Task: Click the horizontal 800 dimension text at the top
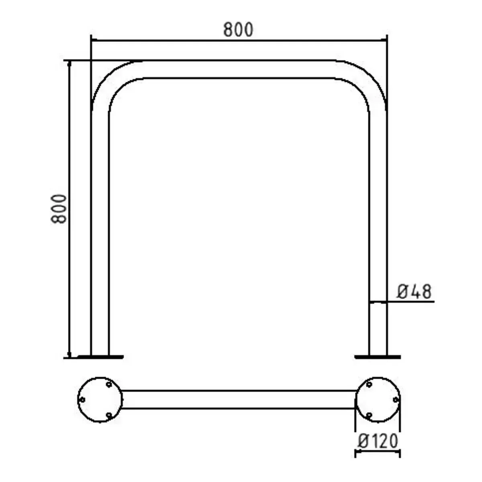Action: (x=238, y=30)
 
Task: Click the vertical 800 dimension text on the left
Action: (x=59, y=209)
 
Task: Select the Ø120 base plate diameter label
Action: (x=378, y=441)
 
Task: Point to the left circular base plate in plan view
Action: (x=100, y=400)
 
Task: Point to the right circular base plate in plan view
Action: (x=378, y=400)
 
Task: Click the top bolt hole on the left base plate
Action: (x=108, y=385)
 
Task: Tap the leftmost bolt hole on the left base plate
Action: (x=82, y=400)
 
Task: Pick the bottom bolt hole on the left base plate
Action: (x=108, y=415)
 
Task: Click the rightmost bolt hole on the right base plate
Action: (x=395, y=400)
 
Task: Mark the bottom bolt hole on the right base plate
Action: (x=369, y=415)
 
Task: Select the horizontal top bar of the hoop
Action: (x=238, y=69)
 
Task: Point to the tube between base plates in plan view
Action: (x=238, y=400)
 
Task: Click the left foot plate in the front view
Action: (x=100, y=356)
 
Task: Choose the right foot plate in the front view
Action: (x=378, y=356)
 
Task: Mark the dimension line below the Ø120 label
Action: (x=378, y=453)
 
